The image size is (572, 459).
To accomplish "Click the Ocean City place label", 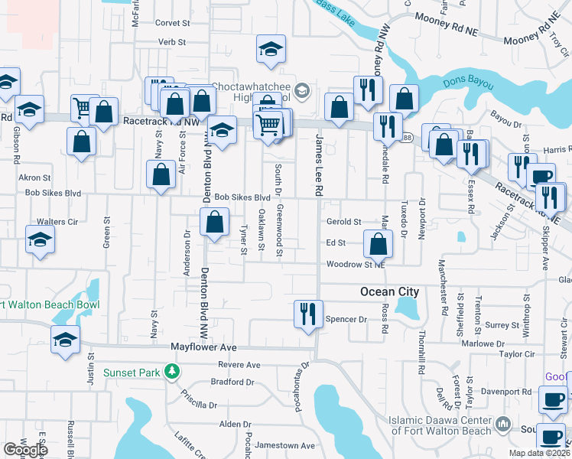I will [x=389, y=291].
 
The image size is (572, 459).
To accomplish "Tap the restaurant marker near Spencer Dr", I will [x=308, y=314].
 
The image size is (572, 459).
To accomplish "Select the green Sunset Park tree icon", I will [x=173, y=373].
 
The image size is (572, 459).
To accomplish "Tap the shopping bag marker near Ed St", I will [x=378, y=245].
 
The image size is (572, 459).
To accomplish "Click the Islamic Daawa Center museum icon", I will [x=503, y=423].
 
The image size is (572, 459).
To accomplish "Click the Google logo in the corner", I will [x=25, y=450].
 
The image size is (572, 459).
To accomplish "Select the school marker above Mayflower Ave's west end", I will [x=66, y=339].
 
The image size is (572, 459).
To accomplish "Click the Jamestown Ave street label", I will [x=285, y=445].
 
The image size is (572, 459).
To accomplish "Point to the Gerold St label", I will [x=343, y=222].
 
